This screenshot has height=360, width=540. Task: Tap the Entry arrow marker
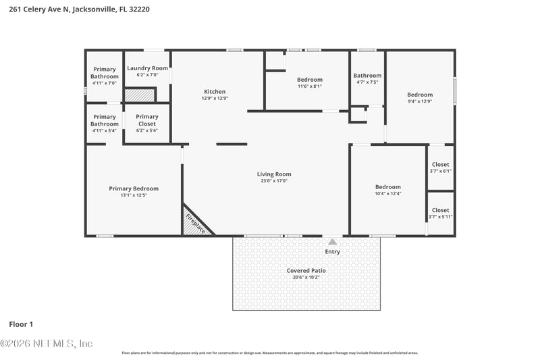pyautogui.click(x=332, y=241)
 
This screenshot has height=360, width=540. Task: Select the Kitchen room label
pyautogui.click(x=215, y=92)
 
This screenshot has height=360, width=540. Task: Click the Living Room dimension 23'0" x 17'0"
pyautogui.click(x=274, y=181)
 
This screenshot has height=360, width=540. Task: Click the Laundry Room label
pyautogui.click(x=147, y=68)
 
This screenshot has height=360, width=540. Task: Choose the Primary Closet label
pyautogui.click(x=146, y=120)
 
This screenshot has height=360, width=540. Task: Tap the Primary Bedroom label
pyautogui.click(x=134, y=188)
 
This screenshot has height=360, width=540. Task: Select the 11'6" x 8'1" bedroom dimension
pyautogui.click(x=310, y=86)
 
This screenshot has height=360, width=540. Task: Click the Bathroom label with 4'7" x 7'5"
pyautogui.click(x=367, y=76)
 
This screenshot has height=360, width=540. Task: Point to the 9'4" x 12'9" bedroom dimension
pyautogui.click(x=419, y=101)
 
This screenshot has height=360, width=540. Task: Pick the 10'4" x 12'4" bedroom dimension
pyautogui.click(x=387, y=194)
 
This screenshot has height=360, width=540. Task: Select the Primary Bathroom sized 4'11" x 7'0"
pyautogui.click(x=105, y=72)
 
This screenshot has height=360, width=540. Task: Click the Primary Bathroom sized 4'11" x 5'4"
pyautogui.click(x=105, y=120)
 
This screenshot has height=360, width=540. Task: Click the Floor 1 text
pyautogui.click(x=21, y=324)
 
